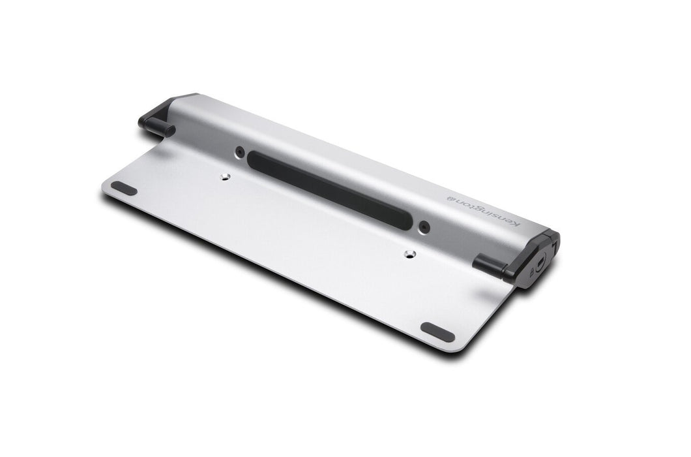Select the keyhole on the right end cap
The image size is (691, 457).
pos(540,265)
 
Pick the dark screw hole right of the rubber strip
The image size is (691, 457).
pos(424,228)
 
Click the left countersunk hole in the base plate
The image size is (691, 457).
pos(225,176)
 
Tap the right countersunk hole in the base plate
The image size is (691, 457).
pos(409,254)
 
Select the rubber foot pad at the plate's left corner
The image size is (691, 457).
pos(124,188)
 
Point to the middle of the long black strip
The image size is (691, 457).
pos(331,190)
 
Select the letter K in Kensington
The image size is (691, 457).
pos(516,226)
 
